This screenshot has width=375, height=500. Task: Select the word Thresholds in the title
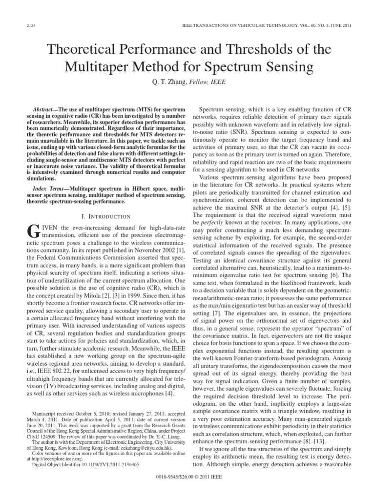pyautogui.click(x=261, y=49)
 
